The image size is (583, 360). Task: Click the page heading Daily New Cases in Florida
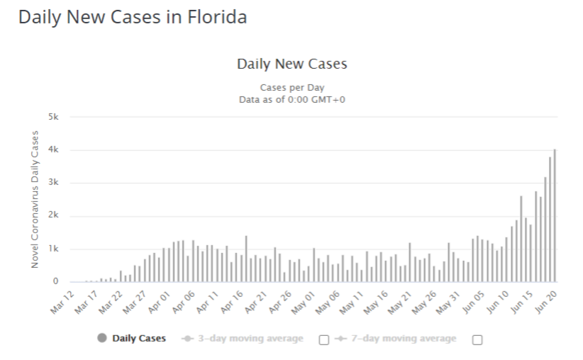tap(133, 18)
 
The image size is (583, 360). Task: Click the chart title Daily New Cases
tap(291, 64)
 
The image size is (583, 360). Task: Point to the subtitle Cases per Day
tap(291, 88)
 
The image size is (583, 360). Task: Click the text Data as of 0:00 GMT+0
tap(291, 99)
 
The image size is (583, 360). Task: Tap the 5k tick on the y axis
tap(53, 117)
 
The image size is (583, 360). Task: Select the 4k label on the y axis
tap(53, 150)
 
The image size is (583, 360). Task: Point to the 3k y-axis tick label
tap(53, 183)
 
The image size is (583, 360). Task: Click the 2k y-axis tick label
tap(53, 216)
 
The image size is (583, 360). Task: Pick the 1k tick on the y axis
tap(53, 249)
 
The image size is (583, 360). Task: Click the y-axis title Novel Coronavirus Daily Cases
tap(35, 199)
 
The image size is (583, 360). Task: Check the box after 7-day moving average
tap(477, 339)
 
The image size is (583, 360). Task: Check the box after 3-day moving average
tap(324, 339)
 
